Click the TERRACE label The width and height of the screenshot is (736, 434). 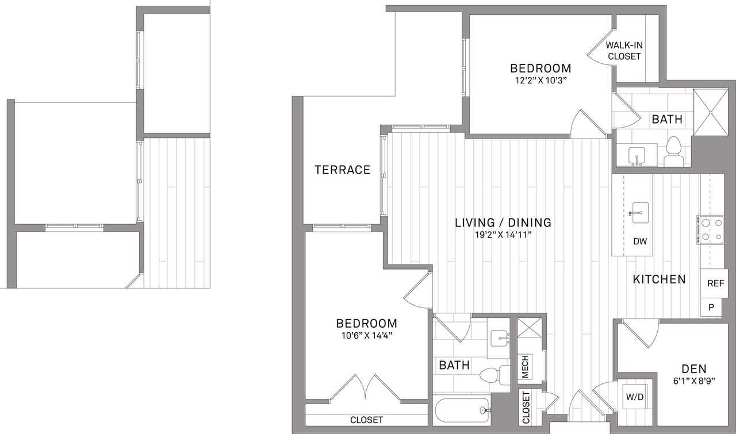[342, 170]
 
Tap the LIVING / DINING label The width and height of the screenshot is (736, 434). [503, 223]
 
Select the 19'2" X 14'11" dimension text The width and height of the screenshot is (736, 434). [503, 235]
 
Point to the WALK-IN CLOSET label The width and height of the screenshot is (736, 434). [624, 51]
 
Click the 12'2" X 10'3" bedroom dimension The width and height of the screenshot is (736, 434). [541, 80]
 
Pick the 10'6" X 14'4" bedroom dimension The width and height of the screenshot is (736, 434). [367, 336]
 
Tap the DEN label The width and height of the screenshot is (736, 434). [694, 369]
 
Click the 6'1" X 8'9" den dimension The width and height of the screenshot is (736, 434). [694, 381]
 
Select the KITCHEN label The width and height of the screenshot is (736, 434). [659, 279]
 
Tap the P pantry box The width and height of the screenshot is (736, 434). [711, 307]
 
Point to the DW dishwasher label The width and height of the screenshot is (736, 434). [640, 241]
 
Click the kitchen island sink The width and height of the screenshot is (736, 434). [640, 213]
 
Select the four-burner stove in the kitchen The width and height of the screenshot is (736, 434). [711, 230]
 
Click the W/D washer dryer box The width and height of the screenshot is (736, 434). [635, 397]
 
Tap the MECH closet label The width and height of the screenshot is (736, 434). [525, 367]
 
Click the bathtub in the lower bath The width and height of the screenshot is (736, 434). [462, 410]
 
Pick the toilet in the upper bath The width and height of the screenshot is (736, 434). [674, 151]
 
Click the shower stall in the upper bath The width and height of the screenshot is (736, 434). [711, 112]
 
